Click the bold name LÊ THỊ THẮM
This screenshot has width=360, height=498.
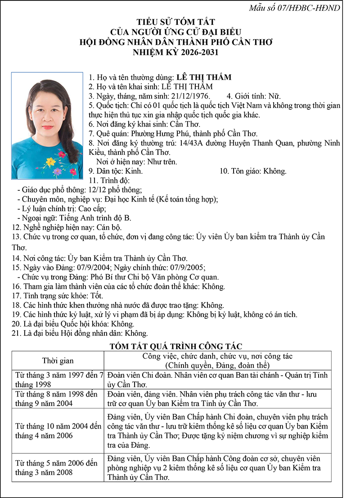[x=204, y=77]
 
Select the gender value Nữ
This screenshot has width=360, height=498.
[x=274, y=96]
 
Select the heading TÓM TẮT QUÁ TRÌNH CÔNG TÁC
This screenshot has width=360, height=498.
[x=176, y=346]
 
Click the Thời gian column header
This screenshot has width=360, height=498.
[x=58, y=361]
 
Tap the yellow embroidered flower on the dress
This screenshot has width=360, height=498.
[x=51, y=161]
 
